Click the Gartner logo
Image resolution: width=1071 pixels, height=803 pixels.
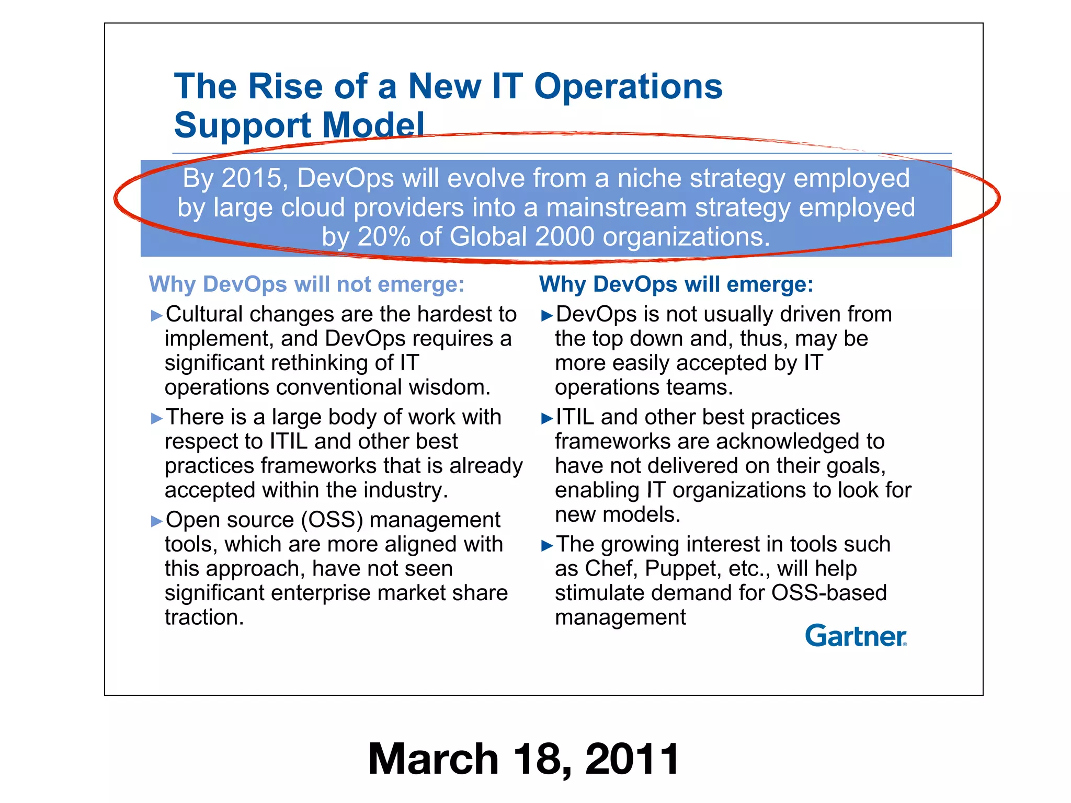(x=856, y=636)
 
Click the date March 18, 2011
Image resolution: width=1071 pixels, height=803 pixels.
(x=523, y=759)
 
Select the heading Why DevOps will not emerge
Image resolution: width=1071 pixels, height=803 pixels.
(x=306, y=284)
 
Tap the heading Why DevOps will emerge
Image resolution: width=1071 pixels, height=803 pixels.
(x=676, y=284)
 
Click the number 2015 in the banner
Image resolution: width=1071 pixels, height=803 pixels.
(x=252, y=178)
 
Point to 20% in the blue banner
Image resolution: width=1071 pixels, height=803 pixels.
(x=384, y=237)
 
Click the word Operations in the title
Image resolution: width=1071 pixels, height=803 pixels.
(x=628, y=86)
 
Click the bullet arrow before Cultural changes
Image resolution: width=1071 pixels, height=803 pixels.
(x=156, y=315)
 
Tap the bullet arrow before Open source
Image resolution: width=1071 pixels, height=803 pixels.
(x=156, y=521)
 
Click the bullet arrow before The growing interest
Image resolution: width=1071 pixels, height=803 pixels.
(x=547, y=546)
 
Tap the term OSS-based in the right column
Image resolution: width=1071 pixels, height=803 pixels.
(x=829, y=593)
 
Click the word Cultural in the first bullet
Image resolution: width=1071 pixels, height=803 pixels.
(x=204, y=314)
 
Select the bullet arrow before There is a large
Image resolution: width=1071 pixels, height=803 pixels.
(x=156, y=418)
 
